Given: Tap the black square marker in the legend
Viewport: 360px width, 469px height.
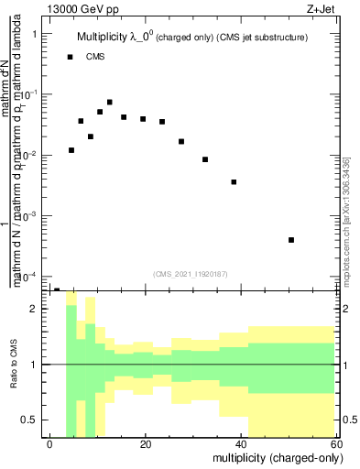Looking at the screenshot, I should [x=71, y=57].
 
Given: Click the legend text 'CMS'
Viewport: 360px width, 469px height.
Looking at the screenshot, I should [x=95, y=57].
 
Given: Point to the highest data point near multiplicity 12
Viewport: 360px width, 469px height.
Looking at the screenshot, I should [x=109, y=103].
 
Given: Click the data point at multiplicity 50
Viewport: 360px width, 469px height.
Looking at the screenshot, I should [x=291, y=240].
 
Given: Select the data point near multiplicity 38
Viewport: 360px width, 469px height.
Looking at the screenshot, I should [x=234, y=182].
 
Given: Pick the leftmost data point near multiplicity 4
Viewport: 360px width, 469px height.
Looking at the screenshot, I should [x=71, y=150].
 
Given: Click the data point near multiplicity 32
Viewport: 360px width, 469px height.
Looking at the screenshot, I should [x=205, y=159].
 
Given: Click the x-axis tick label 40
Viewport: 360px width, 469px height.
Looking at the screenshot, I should [x=241, y=444].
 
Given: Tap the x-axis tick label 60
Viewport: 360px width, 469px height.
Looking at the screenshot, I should [x=335, y=444].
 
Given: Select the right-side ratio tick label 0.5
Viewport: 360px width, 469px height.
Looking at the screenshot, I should [x=348, y=420].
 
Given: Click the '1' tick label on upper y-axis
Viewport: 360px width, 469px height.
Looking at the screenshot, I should [x=34, y=34].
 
